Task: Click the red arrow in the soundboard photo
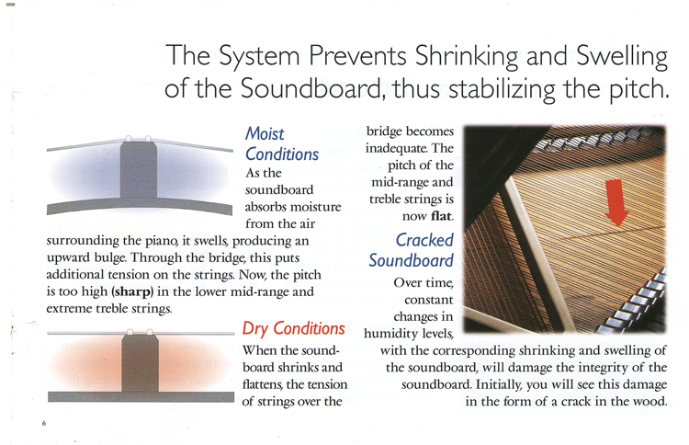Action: point(616,202)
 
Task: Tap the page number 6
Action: point(44,423)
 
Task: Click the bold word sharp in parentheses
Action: point(132,291)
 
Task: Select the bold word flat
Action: point(441,216)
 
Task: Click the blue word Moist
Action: point(265,133)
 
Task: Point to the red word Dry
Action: point(254,329)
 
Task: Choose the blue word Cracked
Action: point(424,240)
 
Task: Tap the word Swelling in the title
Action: point(622,56)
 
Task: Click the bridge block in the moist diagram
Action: point(139,169)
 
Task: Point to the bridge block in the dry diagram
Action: point(141,363)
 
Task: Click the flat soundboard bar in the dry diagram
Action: point(141,396)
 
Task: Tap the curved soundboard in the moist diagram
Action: point(140,205)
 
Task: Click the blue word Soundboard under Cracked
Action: point(411,261)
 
